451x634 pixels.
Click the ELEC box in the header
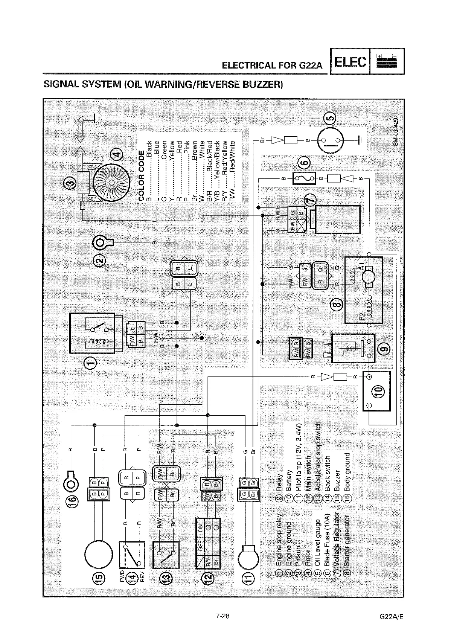[x=350, y=61]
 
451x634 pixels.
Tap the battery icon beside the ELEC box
[x=387, y=61]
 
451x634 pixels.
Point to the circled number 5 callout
[x=330, y=118]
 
